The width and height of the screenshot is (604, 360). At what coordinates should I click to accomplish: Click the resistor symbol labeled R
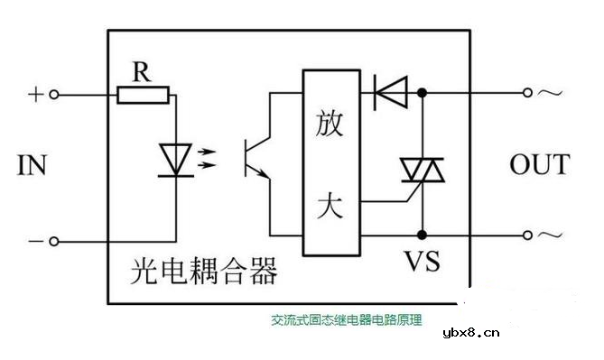point(143,93)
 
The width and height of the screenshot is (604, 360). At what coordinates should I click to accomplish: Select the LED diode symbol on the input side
point(174,159)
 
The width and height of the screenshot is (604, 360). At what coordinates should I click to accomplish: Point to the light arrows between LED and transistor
point(206,159)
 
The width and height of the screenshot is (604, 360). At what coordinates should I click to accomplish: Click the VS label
point(420,262)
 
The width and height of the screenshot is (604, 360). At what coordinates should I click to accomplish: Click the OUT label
point(539,165)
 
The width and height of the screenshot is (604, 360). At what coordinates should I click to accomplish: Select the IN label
point(31,166)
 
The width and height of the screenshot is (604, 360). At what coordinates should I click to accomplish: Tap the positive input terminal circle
point(54,94)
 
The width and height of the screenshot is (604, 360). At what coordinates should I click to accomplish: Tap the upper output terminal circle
point(529,92)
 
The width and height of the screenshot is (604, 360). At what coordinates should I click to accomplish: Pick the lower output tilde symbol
point(549,236)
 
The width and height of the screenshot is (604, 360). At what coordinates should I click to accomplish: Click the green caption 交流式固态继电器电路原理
point(347,319)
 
